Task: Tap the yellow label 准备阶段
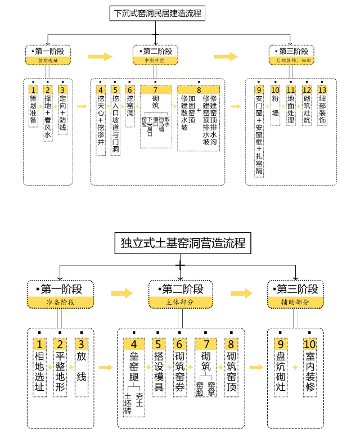tap(60, 302)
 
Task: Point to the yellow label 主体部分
tap(180, 302)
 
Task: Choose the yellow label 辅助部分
tap(296, 302)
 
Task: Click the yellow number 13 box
tap(322, 90)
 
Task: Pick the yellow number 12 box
tap(307, 90)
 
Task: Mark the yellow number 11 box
tap(291, 90)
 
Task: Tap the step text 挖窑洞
tap(130, 107)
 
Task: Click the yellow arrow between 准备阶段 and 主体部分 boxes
tap(121, 293)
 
